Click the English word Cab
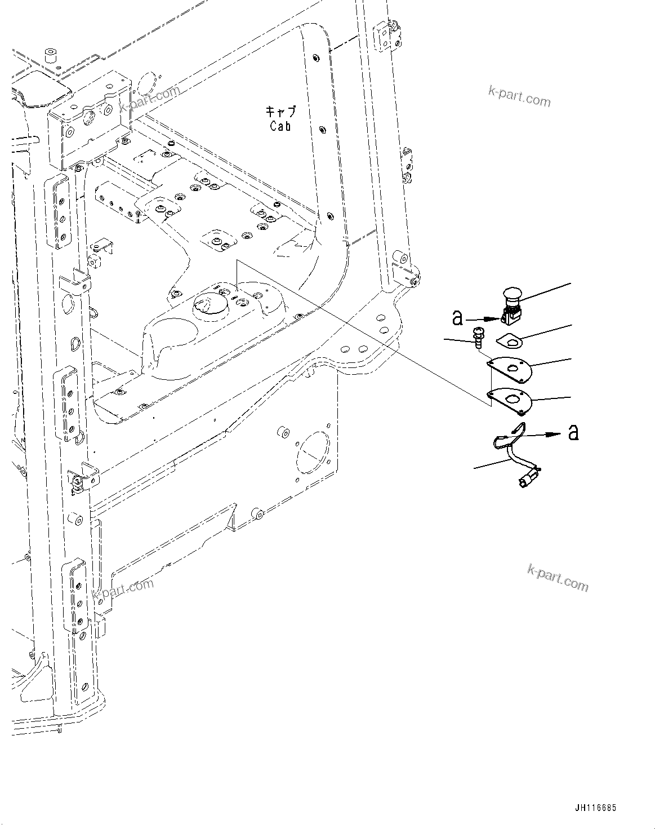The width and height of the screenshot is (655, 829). [280, 126]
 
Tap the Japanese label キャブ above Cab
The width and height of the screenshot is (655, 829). [280, 110]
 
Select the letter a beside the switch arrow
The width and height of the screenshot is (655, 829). [458, 318]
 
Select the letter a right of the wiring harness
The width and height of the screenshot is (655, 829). [573, 433]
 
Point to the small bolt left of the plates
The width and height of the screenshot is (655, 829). [478, 337]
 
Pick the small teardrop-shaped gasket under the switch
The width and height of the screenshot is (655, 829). [510, 340]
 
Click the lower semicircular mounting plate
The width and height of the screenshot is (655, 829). [510, 399]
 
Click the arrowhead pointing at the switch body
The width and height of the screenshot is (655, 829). [498, 319]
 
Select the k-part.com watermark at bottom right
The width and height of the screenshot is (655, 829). [558, 578]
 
